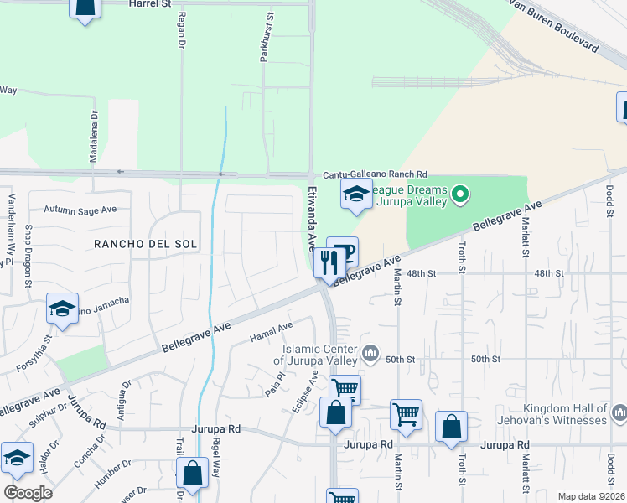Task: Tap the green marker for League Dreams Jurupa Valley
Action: click(459, 196)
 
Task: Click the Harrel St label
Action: click(150, 4)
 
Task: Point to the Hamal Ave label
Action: click(272, 332)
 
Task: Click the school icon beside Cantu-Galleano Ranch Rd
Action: click(356, 194)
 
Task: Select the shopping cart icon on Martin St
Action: click(406, 414)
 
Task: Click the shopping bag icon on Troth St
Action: click(451, 426)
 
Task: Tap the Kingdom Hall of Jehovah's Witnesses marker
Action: click(619, 412)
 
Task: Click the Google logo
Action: click(28, 492)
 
